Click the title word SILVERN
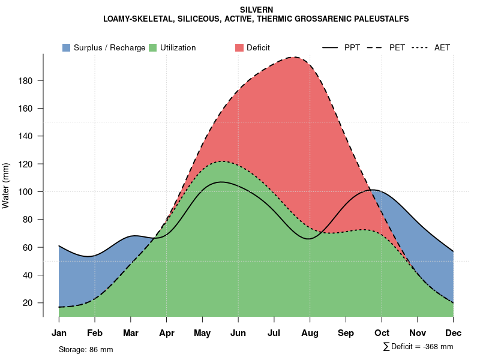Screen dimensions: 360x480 [x=256, y=10]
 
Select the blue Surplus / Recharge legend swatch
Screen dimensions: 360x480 [x=67, y=47]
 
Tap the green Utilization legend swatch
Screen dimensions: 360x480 [x=153, y=47]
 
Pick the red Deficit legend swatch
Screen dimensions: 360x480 [x=239, y=47]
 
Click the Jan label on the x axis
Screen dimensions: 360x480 [x=59, y=333]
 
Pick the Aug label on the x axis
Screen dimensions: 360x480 [x=310, y=333]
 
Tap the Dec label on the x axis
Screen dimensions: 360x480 [x=454, y=333]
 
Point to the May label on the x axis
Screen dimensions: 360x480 [x=202, y=333]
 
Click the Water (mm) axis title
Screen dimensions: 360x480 [x=6, y=185]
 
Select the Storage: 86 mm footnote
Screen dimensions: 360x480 [x=86, y=349]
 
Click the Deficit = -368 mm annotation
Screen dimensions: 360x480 [x=418, y=347]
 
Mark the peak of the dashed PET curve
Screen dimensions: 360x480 [x=294, y=58]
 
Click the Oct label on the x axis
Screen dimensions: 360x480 [x=382, y=333]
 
